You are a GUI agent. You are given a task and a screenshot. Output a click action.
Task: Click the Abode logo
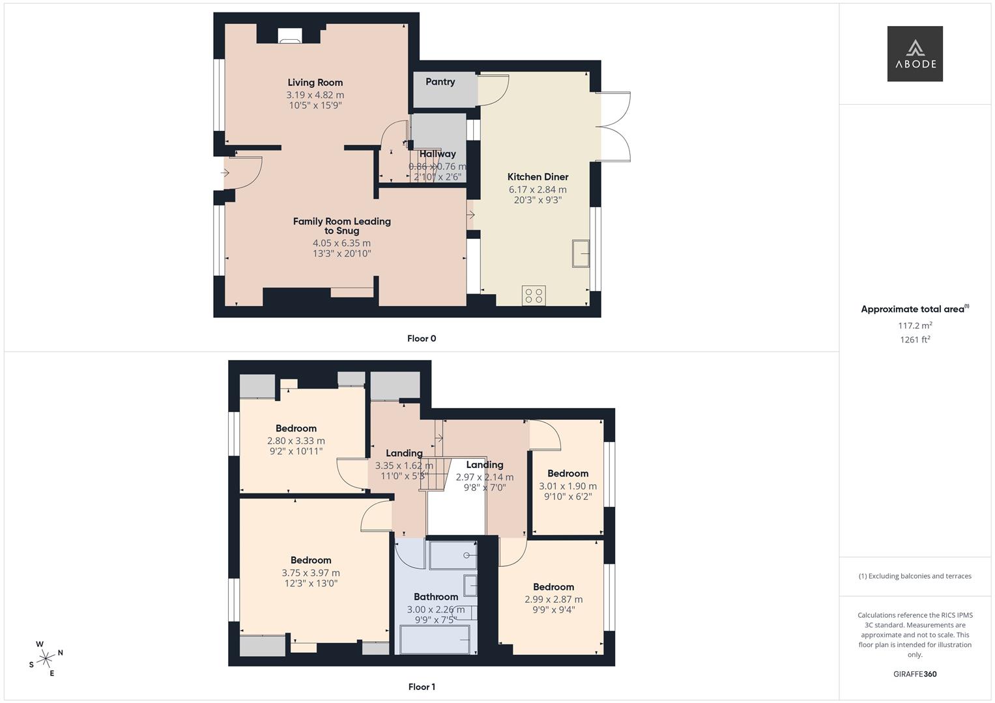tap(915, 54)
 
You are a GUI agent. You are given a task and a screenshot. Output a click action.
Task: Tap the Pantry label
tap(440, 82)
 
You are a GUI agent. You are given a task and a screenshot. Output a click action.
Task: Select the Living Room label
tap(315, 83)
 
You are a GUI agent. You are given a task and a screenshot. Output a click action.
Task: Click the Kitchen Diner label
tap(538, 177)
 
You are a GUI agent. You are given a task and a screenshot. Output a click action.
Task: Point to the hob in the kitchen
tap(534, 296)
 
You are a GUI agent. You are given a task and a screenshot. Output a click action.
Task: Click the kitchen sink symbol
tap(581, 253)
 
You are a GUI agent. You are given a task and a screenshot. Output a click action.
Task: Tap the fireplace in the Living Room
tap(289, 36)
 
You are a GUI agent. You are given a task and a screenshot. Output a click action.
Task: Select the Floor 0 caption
tap(422, 338)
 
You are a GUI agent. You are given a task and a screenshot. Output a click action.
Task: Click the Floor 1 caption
tap(422, 687)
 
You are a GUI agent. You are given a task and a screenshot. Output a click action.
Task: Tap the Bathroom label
tap(436, 597)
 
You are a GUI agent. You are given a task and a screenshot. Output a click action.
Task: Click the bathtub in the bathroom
tap(435, 639)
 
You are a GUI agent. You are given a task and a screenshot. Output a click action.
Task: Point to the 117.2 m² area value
tap(915, 325)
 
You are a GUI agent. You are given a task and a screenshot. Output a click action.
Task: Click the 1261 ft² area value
tap(915, 340)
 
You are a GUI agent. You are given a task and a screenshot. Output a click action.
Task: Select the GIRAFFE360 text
tap(915, 674)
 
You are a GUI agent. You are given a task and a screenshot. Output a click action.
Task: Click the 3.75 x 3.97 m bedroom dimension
tap(311, 573)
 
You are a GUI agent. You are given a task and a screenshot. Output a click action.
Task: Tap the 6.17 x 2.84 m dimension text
tap(538, 189)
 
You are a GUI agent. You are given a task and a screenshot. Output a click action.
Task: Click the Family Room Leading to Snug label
tap(341, 226)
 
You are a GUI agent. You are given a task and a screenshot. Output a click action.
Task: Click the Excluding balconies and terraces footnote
tap(915, 576)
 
